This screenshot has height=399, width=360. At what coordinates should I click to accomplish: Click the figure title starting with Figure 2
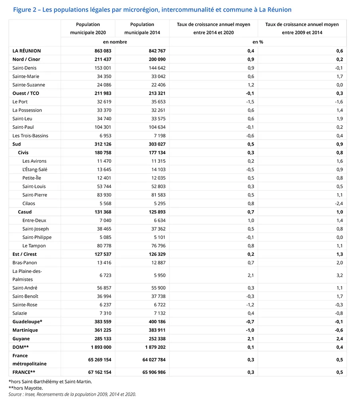coord(152,10)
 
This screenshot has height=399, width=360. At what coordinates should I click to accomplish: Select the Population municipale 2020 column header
coord(88,28)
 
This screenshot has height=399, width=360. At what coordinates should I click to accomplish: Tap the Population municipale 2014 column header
coord(142,28)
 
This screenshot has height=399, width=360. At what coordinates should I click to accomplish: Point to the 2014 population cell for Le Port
coord(156,102)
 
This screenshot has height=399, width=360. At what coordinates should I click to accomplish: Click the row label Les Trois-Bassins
coord(30,136)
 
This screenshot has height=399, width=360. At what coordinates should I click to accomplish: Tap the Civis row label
coord(23,152)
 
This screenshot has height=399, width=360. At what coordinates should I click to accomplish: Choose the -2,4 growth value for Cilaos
coord(339,203)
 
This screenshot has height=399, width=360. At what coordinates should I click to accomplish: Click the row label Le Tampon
coord(34,246)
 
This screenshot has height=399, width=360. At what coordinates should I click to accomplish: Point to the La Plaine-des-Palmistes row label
coord(27,275)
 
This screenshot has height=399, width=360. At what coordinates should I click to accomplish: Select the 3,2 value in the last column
coord(339,275)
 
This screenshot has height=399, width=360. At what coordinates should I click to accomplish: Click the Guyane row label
coord(21,339)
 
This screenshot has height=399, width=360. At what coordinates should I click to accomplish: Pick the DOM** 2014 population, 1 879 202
coord(152,347)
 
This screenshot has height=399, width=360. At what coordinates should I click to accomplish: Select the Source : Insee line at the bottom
coord(72,394)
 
